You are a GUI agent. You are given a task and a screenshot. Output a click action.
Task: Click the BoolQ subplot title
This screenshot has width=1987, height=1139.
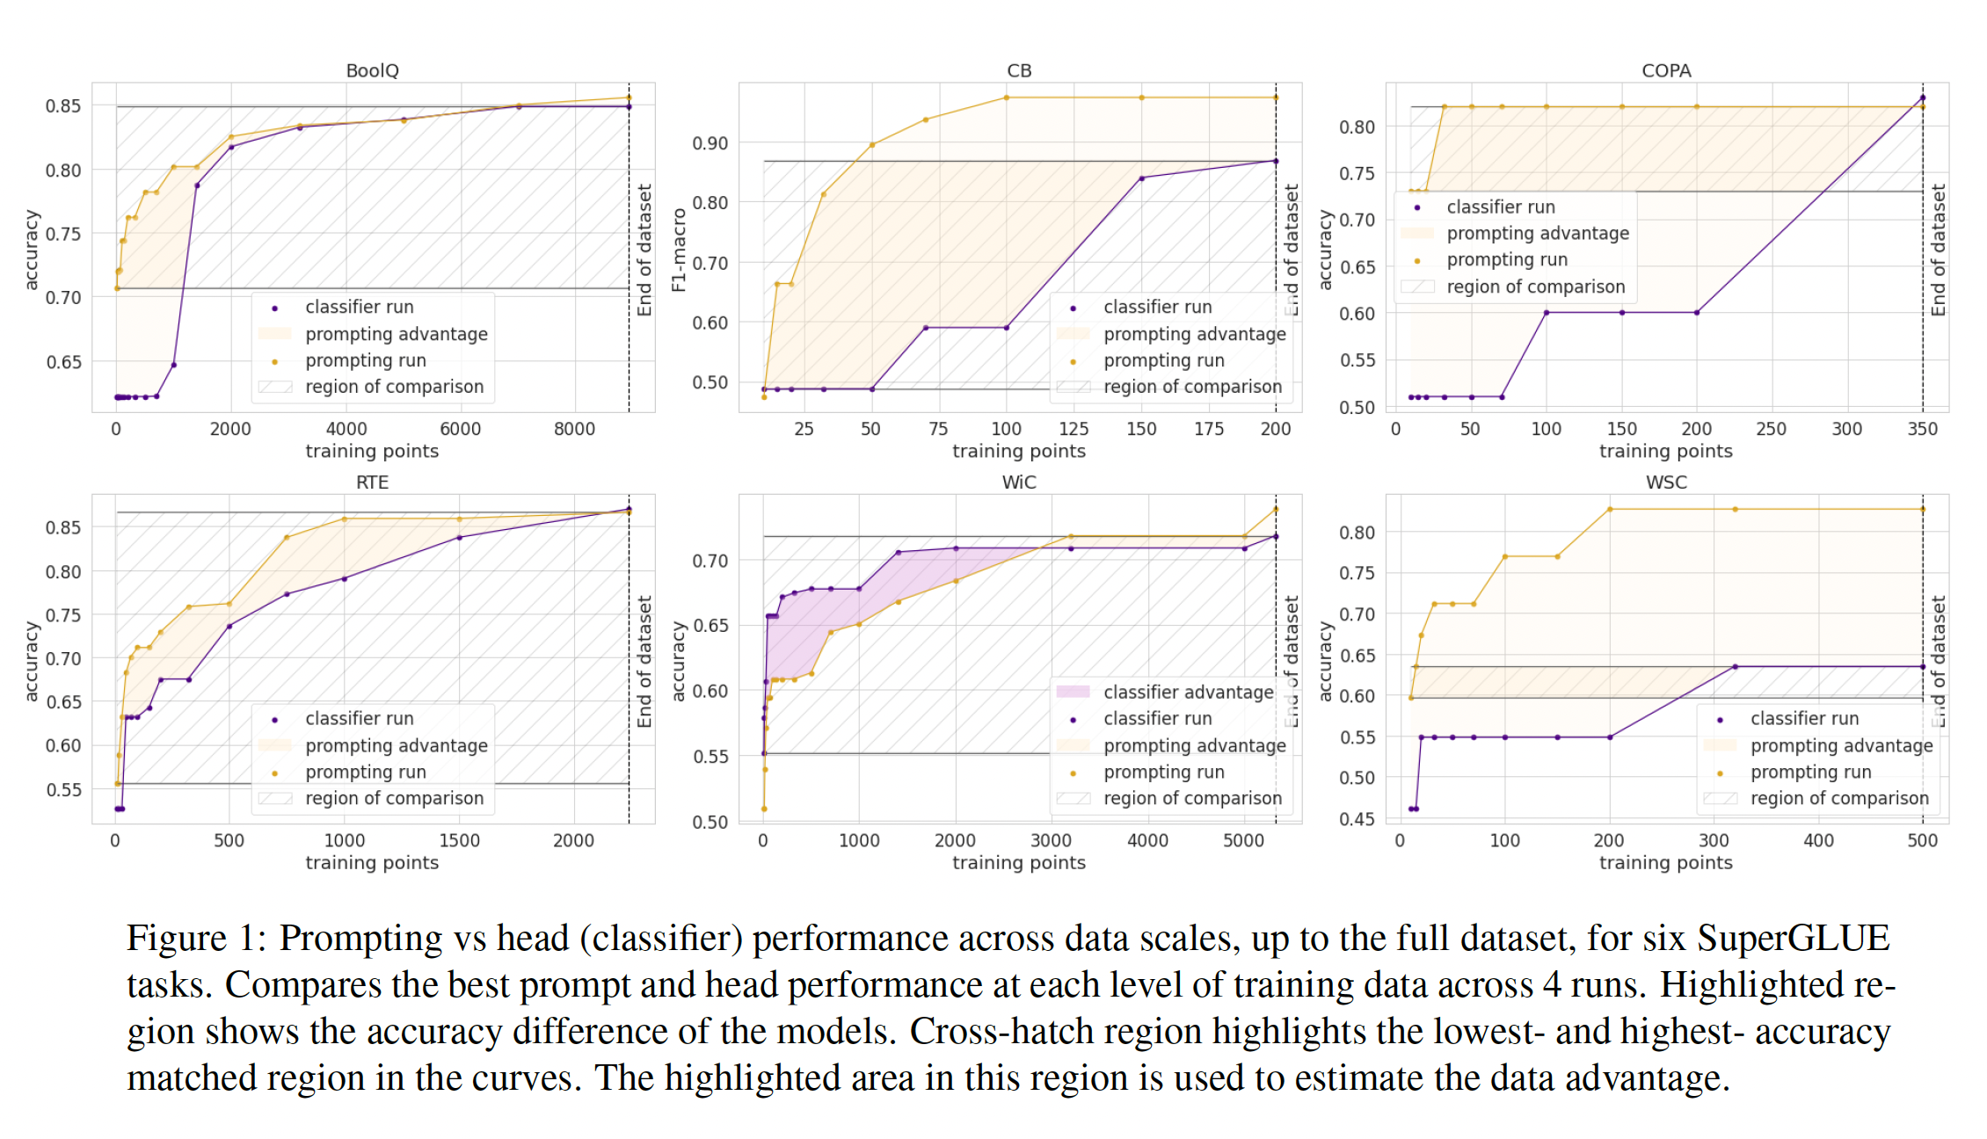(372, 70)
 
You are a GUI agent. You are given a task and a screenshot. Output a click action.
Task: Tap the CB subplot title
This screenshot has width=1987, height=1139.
(1019, 70)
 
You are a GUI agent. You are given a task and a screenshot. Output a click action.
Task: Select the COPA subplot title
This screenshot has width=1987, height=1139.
(1666, 70)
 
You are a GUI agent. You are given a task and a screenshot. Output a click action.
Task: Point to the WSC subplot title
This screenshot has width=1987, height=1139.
(1666, 482)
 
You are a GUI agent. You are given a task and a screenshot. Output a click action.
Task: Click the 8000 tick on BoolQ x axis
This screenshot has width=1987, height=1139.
(574, 429)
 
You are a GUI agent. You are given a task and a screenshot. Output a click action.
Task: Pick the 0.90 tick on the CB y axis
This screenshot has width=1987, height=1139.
(710, 143)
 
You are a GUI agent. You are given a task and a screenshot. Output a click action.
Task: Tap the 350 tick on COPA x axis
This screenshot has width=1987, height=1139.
(1922, 429)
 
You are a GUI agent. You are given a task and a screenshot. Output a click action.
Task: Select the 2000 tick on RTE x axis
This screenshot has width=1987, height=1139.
(573, 840)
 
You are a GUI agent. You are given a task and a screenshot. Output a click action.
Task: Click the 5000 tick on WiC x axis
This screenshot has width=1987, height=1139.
(1243, 840)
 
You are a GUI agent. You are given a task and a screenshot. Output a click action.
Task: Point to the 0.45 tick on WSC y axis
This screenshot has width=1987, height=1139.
(1357, 819)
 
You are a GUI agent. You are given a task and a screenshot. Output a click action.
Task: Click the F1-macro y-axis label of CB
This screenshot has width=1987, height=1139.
(678, 250)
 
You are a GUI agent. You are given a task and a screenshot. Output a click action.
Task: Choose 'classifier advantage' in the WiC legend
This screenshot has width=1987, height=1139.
(1188, 693)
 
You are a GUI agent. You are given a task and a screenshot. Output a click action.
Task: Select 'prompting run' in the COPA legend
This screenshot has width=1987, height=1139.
(1507, 260)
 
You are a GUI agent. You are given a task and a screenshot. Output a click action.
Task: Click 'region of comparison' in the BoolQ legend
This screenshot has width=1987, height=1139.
(394, 387)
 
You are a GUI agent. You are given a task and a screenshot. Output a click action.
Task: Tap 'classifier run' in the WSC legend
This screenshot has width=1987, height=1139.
(1804, 719)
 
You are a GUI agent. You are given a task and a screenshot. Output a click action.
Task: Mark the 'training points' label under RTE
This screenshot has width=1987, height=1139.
(372, 863)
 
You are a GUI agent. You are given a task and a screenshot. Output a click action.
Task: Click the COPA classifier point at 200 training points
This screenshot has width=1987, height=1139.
(1696, 313)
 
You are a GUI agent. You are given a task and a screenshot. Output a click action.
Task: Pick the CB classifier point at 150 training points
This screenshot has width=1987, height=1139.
(1141, 178)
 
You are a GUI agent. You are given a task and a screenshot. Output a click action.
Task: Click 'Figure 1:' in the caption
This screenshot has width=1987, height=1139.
(196, 939)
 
